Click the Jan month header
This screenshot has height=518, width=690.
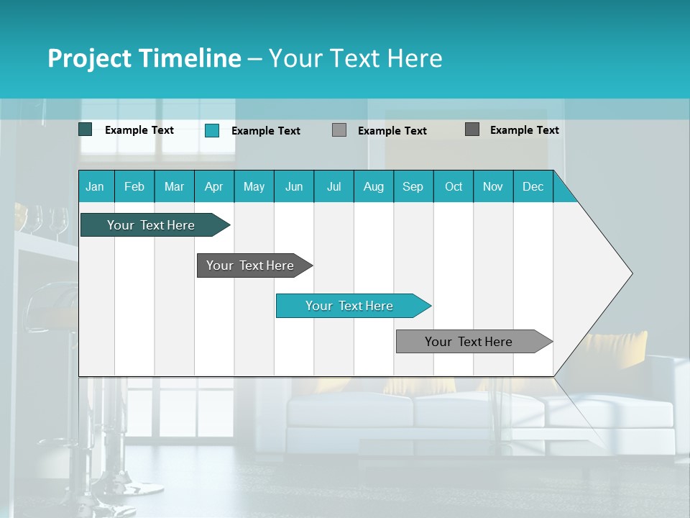tap(95, 186)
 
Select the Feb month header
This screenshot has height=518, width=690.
tap(134, 186)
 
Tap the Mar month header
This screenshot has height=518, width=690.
tap(174, 186)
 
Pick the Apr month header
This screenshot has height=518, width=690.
tap(214, 186)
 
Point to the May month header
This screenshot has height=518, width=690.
tap(254, 186)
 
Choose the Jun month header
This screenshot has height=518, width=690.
tap(294, 186)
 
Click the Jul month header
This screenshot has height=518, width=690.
tap(333, 186)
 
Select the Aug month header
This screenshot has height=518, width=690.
tap(374, 186)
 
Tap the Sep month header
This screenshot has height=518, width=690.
tap(413, 186)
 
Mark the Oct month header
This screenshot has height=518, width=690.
tap(454, 186)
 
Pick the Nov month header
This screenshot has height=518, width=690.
tap(493, 186)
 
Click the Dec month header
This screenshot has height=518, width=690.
tap(533, 186)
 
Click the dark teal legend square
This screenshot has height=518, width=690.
tap(86, 129)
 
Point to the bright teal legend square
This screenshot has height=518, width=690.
tap(212, 130)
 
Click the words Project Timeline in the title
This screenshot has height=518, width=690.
tap(144, 58)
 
